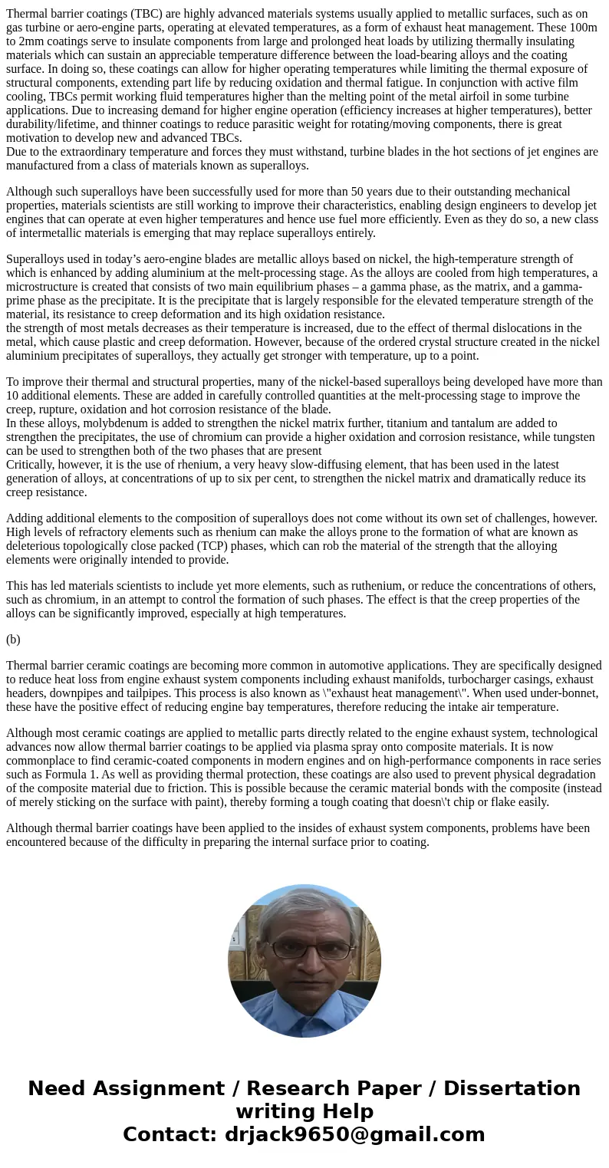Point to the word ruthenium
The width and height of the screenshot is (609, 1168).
(x=372, y=586)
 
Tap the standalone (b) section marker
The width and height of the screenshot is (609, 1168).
(x=13, y=639)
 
